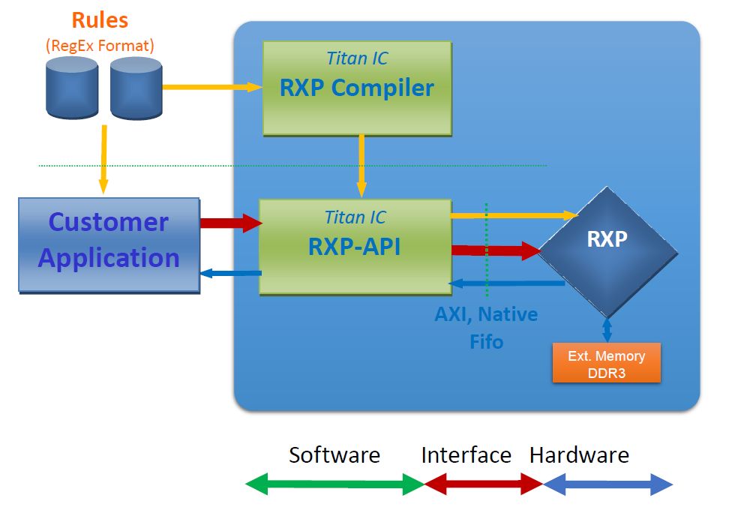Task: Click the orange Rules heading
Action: [100, 20]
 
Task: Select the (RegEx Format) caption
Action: [100, 45]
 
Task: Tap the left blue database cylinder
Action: [72, 87]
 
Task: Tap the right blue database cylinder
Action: [136, 88]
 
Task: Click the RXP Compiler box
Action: [357, 88]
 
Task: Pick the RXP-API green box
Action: [355, 246]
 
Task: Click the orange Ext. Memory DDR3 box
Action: [606, 363]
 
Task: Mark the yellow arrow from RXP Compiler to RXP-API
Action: [361, 166]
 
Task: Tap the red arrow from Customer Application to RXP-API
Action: [229, 223]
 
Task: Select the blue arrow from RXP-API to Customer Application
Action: [229, 273]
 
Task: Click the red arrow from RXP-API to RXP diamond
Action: [495, 250]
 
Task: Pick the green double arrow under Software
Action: [334, 484]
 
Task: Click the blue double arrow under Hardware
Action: [607, 484]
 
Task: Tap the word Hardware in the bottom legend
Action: [579, 454]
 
